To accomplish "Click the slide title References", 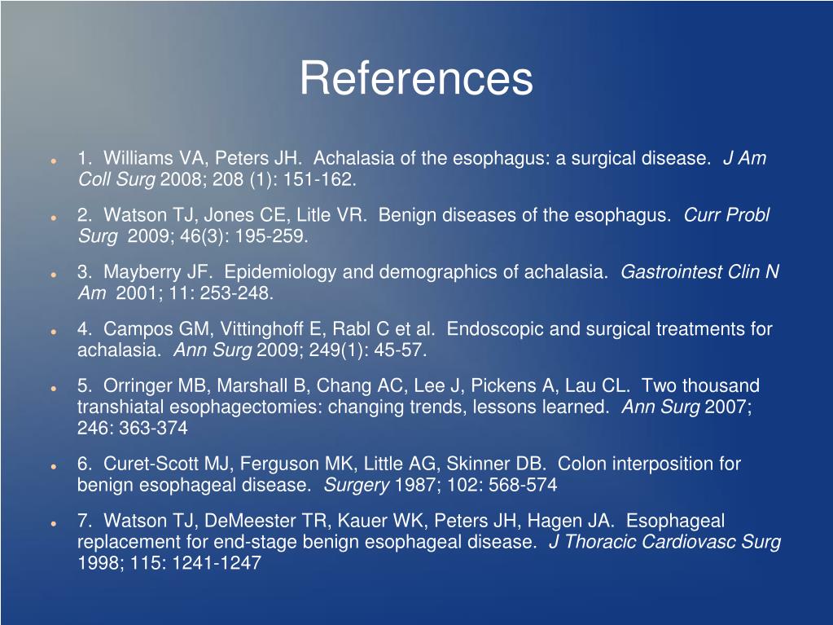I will [x=416, y=79].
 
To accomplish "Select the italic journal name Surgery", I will [x=356, y=485].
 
